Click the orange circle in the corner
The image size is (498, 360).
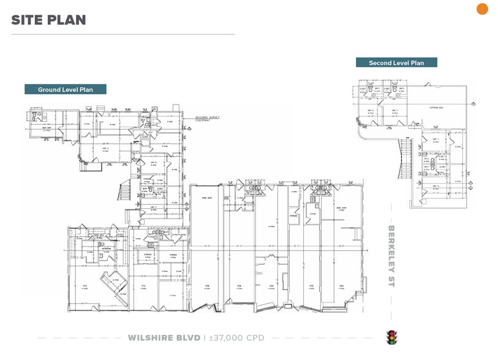pyautogui.click(x=482, y=9)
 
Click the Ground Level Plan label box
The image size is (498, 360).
pyautogui.click(x=66, y=89)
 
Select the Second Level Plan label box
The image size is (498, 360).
pyautogui.click(x=396, y=62)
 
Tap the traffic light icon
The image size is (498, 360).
pyautogui.click(x=390, y=337)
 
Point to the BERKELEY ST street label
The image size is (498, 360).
pyautogui.click(x=392, y=255)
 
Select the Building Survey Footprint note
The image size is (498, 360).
pyautogui.click(x=208, y=118)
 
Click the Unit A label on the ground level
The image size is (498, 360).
pyautogui.click(x=105, y=149)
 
